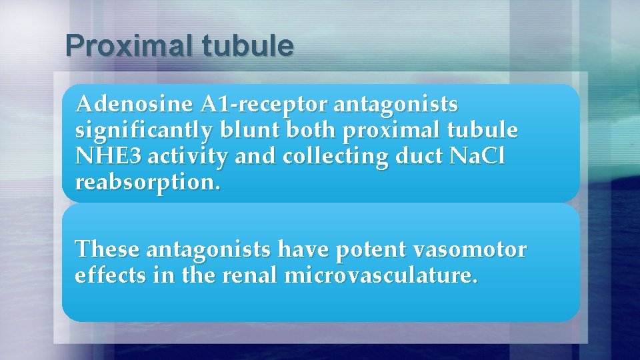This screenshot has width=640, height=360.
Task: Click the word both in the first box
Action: (x=313, y=131)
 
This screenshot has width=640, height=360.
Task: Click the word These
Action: (x=107, y=250)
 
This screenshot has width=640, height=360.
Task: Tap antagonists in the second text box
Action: (x=207, y=250)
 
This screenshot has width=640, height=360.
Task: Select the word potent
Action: (x=370, y=250)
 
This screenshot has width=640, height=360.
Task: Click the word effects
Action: (x=109, y=276)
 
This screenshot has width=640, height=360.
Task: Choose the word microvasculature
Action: (x=381, y=276)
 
